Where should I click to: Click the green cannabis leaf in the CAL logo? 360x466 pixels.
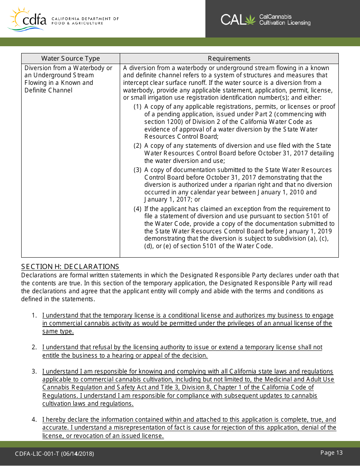pyautogui.click(x=251, y=19)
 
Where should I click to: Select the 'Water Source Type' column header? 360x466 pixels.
pyautogui.click(x=70, y=58)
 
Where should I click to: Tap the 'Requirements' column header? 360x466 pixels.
pyautogui.click(x=229, y=58)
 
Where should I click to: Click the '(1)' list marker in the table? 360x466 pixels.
pyautogui.click(x=138, y=107)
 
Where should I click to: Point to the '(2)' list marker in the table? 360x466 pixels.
pyautogui.click(x=138, y=146)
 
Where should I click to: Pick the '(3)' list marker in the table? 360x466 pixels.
pyautogui.click(x=138, y=170)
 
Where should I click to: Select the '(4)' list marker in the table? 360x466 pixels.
pyautogui.click(x=138, y=209)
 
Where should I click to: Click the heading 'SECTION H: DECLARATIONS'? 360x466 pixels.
pyautogui.click(x=70, y=267)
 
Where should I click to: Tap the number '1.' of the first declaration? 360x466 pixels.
pyautogui.click(x=34, y=316)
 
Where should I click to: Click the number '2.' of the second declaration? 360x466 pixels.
pyautogui.click(x=34, y=347)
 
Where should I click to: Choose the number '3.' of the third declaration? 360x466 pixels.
pyautogui.click(x=34, y=372)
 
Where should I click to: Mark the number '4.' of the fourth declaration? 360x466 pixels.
pyautogui.click(x=34, y=420)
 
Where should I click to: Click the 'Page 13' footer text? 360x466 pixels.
pyautogui.click(x=331, y=453)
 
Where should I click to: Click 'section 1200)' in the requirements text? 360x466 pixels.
pyautogui.click(x=160, y=122)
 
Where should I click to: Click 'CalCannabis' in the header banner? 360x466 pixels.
pyautogui.click(x=275, y=17)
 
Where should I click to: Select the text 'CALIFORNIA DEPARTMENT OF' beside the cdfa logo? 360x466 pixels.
pyautogui.click(x=85, y=19)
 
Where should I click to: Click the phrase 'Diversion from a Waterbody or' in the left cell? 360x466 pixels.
pyautogui.click(x=68, y=68)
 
